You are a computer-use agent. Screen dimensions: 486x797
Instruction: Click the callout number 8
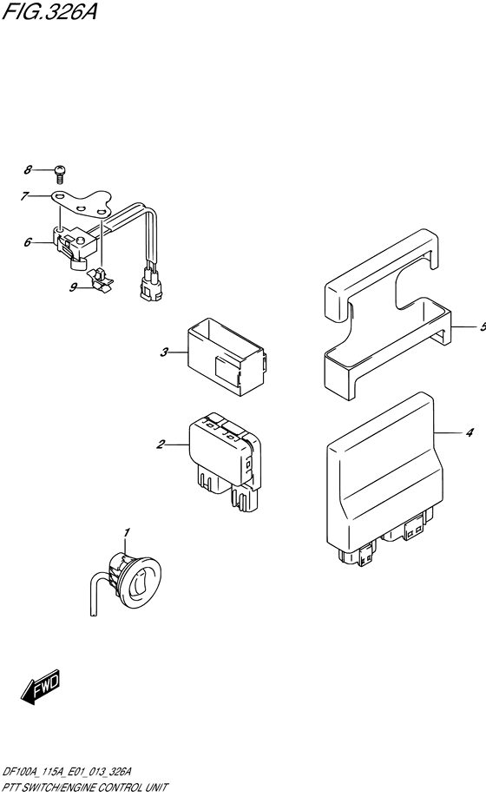coord(28,170)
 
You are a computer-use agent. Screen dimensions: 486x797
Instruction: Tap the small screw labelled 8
coord(61,174)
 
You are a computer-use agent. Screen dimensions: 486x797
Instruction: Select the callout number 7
coord(24,195)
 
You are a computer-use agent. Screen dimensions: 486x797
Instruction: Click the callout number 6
coord(28,242)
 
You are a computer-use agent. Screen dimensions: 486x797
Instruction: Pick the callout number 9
coord(74,287)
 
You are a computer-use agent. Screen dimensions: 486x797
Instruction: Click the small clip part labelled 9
coord(101,281)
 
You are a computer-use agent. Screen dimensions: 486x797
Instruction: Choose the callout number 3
coord(164,352)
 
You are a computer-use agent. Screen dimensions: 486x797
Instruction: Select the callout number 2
coord(161,445)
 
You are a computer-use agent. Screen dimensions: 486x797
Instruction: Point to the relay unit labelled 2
coord(225,461)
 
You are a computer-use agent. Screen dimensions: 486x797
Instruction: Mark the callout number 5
coord(483,326)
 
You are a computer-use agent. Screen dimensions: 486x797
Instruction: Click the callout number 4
coord(470,432)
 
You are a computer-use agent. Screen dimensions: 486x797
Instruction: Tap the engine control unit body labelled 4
coord(381,479)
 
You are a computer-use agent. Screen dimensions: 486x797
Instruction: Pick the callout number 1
coord(127,532)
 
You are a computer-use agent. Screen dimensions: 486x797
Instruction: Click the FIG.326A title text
coord(49,10)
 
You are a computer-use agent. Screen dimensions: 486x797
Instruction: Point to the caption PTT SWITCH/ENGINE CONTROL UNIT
coord(84,787)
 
